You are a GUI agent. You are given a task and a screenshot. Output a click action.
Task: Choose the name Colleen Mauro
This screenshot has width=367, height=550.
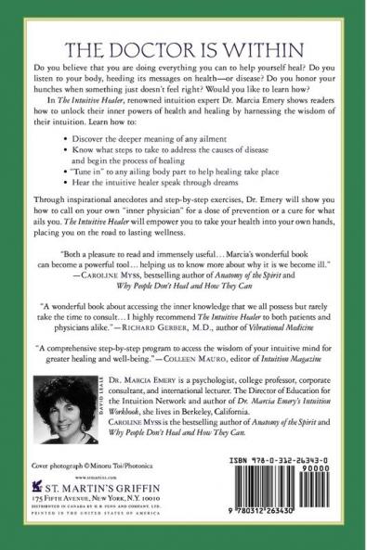(254, 366)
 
